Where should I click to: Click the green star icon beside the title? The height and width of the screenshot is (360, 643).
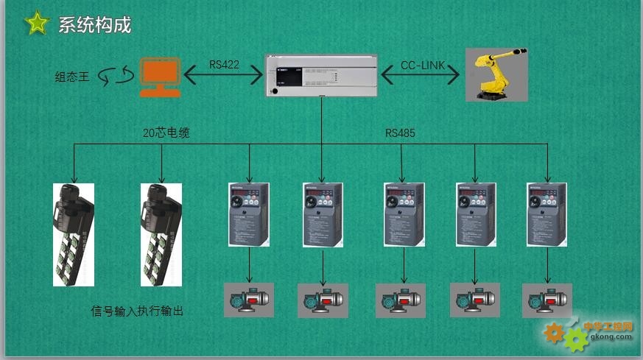35,24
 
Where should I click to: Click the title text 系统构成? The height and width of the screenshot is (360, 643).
94,24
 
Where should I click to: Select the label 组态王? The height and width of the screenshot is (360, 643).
72,76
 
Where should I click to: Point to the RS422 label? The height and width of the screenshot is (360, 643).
224,65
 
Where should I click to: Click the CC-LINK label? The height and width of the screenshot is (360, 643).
423,66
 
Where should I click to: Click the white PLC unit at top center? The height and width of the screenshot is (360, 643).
321,75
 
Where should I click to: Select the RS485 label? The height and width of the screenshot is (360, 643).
400,133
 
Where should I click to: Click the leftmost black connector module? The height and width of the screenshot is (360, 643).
74,233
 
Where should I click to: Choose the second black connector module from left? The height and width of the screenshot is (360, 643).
161,233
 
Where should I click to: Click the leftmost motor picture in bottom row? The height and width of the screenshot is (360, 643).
248,300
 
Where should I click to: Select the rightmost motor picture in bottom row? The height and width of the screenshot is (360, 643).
547,300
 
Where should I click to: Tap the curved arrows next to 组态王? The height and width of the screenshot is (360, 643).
118,75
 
